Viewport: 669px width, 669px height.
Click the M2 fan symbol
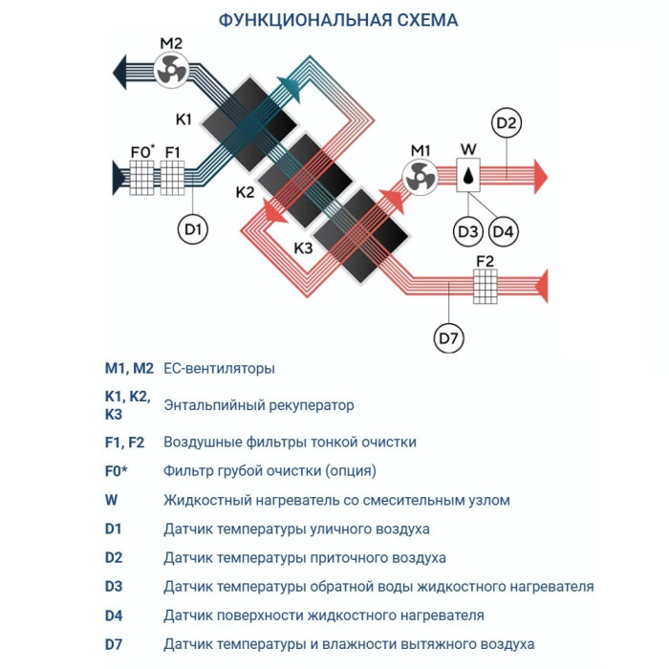170,70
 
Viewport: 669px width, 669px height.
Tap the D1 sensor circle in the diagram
194,228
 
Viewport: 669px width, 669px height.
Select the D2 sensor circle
507,122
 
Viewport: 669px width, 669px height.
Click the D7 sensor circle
448,336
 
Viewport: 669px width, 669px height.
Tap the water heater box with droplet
468,176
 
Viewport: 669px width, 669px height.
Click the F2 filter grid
486,285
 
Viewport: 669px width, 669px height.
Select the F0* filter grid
141,177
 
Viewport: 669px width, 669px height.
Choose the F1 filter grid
172,177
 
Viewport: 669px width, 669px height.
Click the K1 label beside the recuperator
183,119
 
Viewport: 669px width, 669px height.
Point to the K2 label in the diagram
245,192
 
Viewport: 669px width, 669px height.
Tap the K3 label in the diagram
303,248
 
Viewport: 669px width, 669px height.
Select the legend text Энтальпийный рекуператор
258,404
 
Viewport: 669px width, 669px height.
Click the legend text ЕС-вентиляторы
219,367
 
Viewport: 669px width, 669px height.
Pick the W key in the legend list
111,500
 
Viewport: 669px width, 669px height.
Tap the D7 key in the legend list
115,644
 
